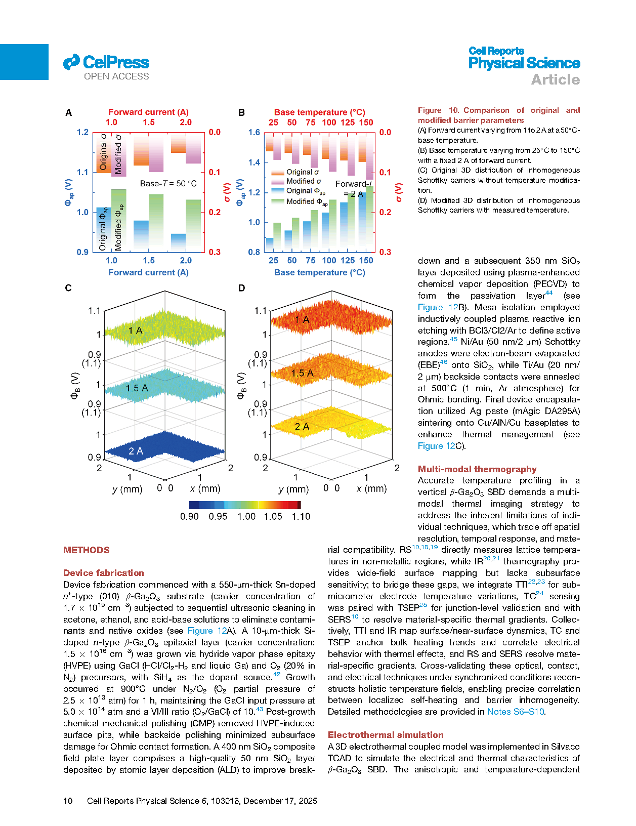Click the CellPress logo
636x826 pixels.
pos(106,63)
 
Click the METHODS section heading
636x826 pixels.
pos(86,550)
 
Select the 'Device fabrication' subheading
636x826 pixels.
pos(103,573)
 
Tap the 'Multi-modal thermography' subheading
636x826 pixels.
pos(477,469)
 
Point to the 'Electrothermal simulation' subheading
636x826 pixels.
pos(385,735)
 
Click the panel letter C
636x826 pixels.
pos(68,288)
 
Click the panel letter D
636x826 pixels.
pos(241,288)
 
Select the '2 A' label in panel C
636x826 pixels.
pos(136,451)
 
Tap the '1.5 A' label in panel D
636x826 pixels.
pos(302,373)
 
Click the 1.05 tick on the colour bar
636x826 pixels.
pos(273,516)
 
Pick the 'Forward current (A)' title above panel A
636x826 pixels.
pos(148,112)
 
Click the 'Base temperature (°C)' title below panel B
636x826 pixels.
pos(319,272)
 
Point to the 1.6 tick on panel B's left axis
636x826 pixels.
pos(254,132)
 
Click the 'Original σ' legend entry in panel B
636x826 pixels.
pos(302,172)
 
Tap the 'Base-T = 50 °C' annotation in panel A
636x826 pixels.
pos(168,183)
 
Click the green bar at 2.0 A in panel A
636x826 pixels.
pos(193,225)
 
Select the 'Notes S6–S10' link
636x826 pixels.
pos(515,712)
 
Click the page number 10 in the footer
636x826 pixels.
pos(68,801)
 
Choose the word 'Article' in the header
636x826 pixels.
pos(555,79)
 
